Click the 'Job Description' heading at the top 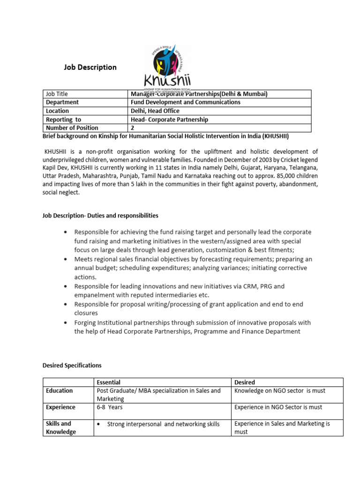pos(90,67)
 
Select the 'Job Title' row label pos(57,94)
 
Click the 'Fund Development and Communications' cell pos(186,102)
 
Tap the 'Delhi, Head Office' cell pos(155,111)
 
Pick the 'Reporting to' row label pos(63,119)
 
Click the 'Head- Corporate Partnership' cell pos(170,119)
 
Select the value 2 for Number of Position pos(133,127)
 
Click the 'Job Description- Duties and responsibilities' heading pos(100,216)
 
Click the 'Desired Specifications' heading pos(72,365)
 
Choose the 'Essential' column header pos(108,382)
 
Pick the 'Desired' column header pos(245,382)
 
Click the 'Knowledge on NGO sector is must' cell pos(280,390)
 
